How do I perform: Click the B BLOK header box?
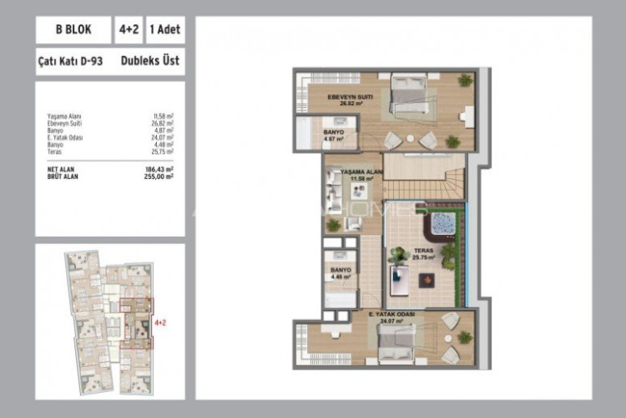[x=73, y=31]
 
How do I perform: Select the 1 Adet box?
[x=164, y=31]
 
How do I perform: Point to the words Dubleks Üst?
[x=147, y=61]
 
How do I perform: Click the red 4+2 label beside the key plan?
[x=160, y=320]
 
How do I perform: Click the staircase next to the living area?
[x=422, y=177]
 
